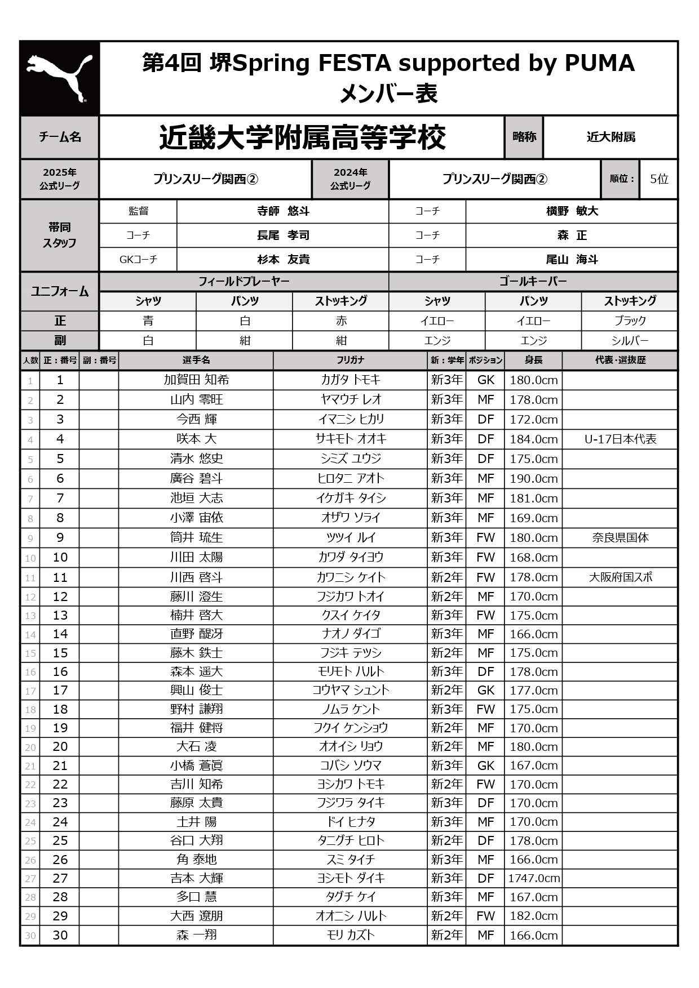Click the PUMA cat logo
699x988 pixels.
(x=59, y=78)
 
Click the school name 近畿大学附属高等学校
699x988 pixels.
(x=302, y=137)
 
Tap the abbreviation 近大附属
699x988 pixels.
(x=610, y=137)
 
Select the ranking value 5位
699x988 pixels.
(x=658, y=179)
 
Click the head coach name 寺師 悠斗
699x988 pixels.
(x=283, y=211)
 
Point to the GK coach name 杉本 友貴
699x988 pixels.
(x=283, y=260)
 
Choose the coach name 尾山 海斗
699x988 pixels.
(x=572, y=260)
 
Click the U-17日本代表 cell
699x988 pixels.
(x=620, y=439)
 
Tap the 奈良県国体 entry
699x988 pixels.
(x=620, y=538)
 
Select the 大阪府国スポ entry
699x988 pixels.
(x=620, y=577)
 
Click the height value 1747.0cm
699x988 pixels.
(x=533, y=878)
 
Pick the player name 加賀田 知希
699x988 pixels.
(x=196, y=380)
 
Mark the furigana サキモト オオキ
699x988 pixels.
(x=351, y=439)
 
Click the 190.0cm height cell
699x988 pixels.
(x=533, y=479)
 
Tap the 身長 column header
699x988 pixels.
(x=533, y=360)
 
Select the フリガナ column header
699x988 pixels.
(x=351, y=360)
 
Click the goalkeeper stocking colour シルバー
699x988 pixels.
(x=630, y=341)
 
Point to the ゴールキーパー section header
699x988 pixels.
(x=533, y=281)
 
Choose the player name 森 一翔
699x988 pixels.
(x=196, y=936)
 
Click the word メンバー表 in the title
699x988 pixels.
(x=388, y=94)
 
